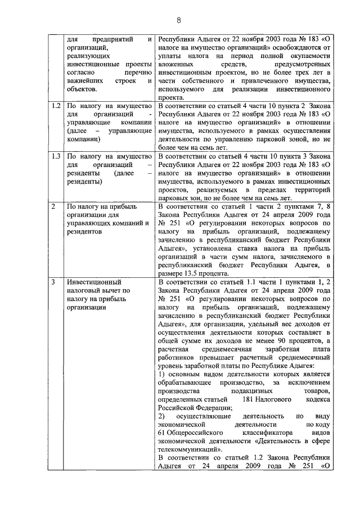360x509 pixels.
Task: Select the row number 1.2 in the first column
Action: point(56,106)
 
